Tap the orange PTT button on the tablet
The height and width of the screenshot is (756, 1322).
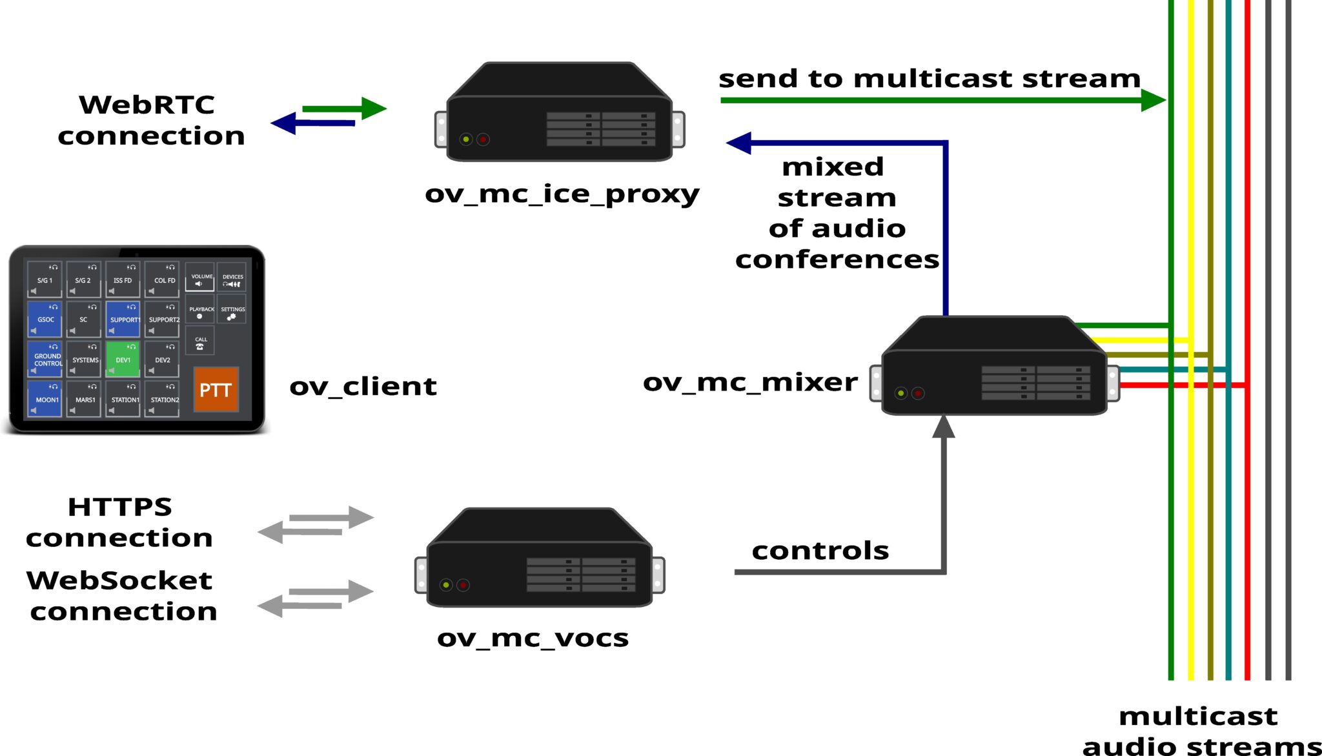216,389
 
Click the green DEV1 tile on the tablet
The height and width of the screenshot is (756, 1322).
123,359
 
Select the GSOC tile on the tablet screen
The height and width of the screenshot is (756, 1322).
45,319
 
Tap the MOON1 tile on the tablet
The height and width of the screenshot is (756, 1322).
45,399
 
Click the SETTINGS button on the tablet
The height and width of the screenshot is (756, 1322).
232,311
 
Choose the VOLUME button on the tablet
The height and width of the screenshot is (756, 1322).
200,278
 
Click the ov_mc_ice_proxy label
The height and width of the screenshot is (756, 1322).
562,194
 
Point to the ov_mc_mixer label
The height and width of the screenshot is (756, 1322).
750,382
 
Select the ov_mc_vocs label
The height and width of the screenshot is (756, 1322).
533,638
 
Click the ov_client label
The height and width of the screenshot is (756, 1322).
363,386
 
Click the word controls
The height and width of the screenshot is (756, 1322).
820,551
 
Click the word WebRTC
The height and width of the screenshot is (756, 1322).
147,105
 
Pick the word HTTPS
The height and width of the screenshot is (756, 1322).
120,507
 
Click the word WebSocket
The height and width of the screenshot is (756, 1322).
119,580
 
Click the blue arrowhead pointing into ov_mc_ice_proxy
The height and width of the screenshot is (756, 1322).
740,143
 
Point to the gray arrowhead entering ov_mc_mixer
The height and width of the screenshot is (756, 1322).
943,427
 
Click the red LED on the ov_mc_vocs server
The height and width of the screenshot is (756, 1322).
463,585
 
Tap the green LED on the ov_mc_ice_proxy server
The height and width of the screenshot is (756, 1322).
465,139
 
